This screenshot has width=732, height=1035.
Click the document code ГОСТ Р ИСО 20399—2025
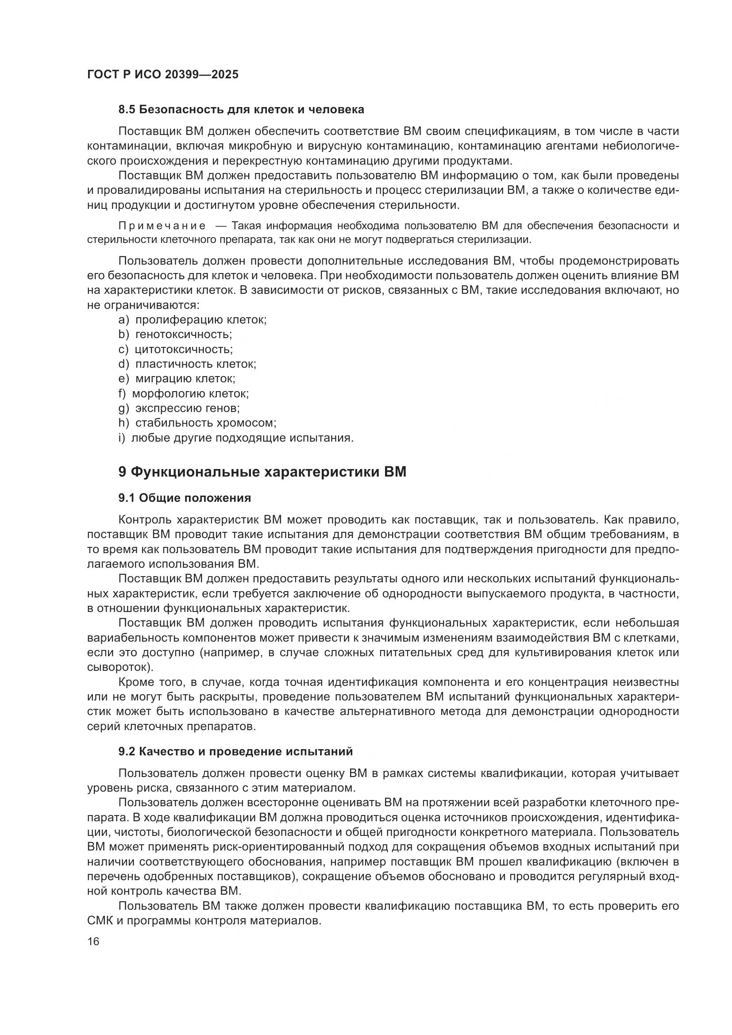click(163, 75)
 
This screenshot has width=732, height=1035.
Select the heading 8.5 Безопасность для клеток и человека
click(241, 110)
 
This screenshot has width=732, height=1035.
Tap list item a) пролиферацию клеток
click(193, 319)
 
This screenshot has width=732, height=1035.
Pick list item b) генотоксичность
click(175, 335)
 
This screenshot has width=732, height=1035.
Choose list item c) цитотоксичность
click(176, 350)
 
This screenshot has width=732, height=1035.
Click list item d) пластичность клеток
click(188, 364)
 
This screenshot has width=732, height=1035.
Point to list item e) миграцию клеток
click(177, 379)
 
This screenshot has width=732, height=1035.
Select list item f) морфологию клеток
click(184, 393)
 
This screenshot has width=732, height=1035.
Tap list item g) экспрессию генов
click(179, 408)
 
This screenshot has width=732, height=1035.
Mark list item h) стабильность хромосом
click(197, 423)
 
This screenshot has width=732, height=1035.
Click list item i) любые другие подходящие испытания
click(236, 438)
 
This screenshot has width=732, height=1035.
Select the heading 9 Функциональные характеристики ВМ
click(262, 472)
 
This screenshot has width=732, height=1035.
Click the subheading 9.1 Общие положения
click(185, 498)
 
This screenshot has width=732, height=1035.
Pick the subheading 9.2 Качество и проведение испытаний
click(235, 751)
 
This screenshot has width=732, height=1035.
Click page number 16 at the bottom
click(93, 941)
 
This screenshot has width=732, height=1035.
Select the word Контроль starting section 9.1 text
click(144, 520)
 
